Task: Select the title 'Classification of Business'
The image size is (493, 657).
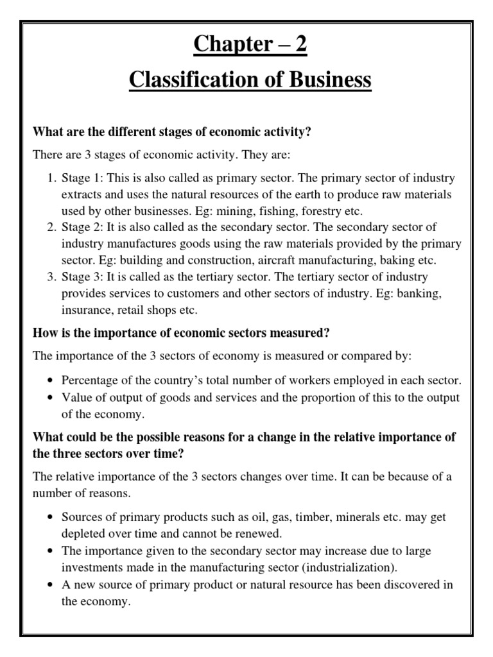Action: click(x=250, y=80)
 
